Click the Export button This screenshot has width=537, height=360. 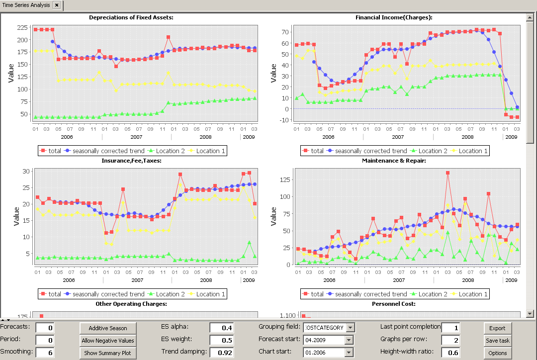pyautogui.click(x=497, y=328)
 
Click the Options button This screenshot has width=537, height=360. pyautogui.click(x=497, y=353)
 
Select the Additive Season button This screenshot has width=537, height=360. pyautogui.click(x=108, y=328)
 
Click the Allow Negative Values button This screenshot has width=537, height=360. pyautogui.click(x=108, y=341)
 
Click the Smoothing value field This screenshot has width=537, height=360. pyautogui.click(x=45, y=353)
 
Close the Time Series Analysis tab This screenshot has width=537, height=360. pyautogui.click(x=57, y=5)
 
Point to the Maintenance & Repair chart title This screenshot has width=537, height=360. pyautogui.click(x=394, y=161)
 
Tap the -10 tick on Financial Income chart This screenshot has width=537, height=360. pyautogui.click(x=282, y=120)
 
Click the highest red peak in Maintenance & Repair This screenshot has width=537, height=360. pyautogui.click(x=448, y=173)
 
